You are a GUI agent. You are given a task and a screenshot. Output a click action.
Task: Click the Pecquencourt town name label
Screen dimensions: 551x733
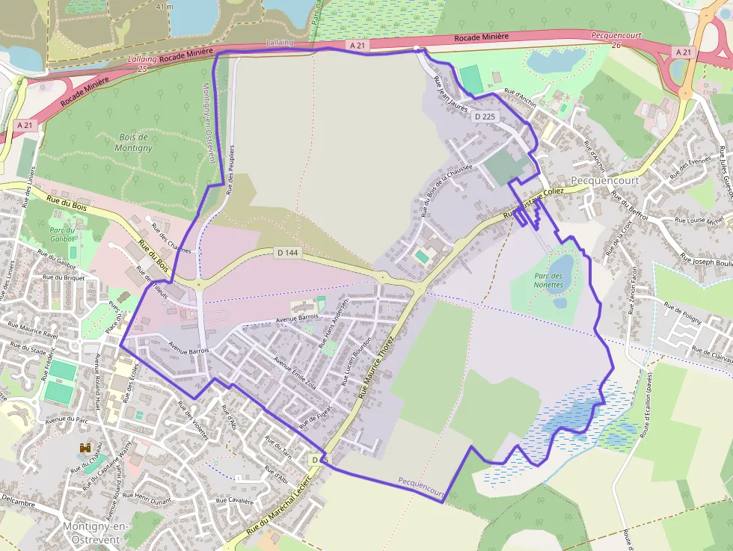coord(604,181)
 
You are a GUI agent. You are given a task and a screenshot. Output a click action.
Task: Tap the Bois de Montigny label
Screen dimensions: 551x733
coord(135,143)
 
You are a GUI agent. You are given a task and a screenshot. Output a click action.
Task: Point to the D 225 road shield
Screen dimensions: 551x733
coord(485,117)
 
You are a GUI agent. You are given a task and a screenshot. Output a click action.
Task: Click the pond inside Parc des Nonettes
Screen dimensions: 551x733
coord(561,266)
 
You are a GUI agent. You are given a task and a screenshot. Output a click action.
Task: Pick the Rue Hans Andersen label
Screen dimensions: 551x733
coord(334,326)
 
